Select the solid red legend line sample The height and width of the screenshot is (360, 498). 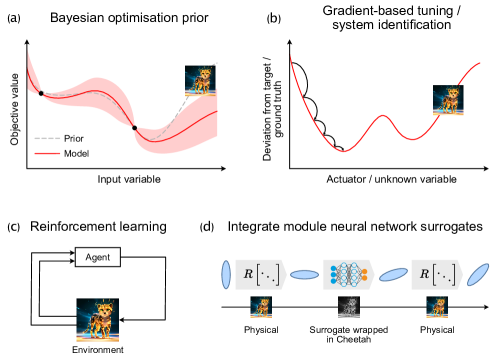point(47,153)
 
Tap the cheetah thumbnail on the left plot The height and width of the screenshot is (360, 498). point(201,81)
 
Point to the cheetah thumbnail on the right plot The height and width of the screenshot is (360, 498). point(448,101)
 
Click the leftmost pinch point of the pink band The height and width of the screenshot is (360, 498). point(41,93)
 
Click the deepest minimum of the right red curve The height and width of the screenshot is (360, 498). point(344,152)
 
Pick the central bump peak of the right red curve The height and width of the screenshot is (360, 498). point(383,116)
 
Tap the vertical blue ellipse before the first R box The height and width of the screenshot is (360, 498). point(226,274)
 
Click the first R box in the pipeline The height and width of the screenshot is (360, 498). point(261,274)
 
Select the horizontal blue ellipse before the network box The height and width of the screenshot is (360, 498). point(304,274)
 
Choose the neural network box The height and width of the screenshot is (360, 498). point(348,274)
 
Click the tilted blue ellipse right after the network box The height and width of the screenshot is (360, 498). point(393,274)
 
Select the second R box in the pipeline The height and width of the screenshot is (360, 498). point(437,274)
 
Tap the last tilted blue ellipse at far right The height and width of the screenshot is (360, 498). point(478,274)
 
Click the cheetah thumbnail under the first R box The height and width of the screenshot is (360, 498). point(261,307)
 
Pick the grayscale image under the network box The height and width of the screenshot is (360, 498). point(348,307)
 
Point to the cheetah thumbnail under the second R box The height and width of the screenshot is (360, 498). point(437,307)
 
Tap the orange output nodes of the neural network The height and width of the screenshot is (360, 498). point(364,274)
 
